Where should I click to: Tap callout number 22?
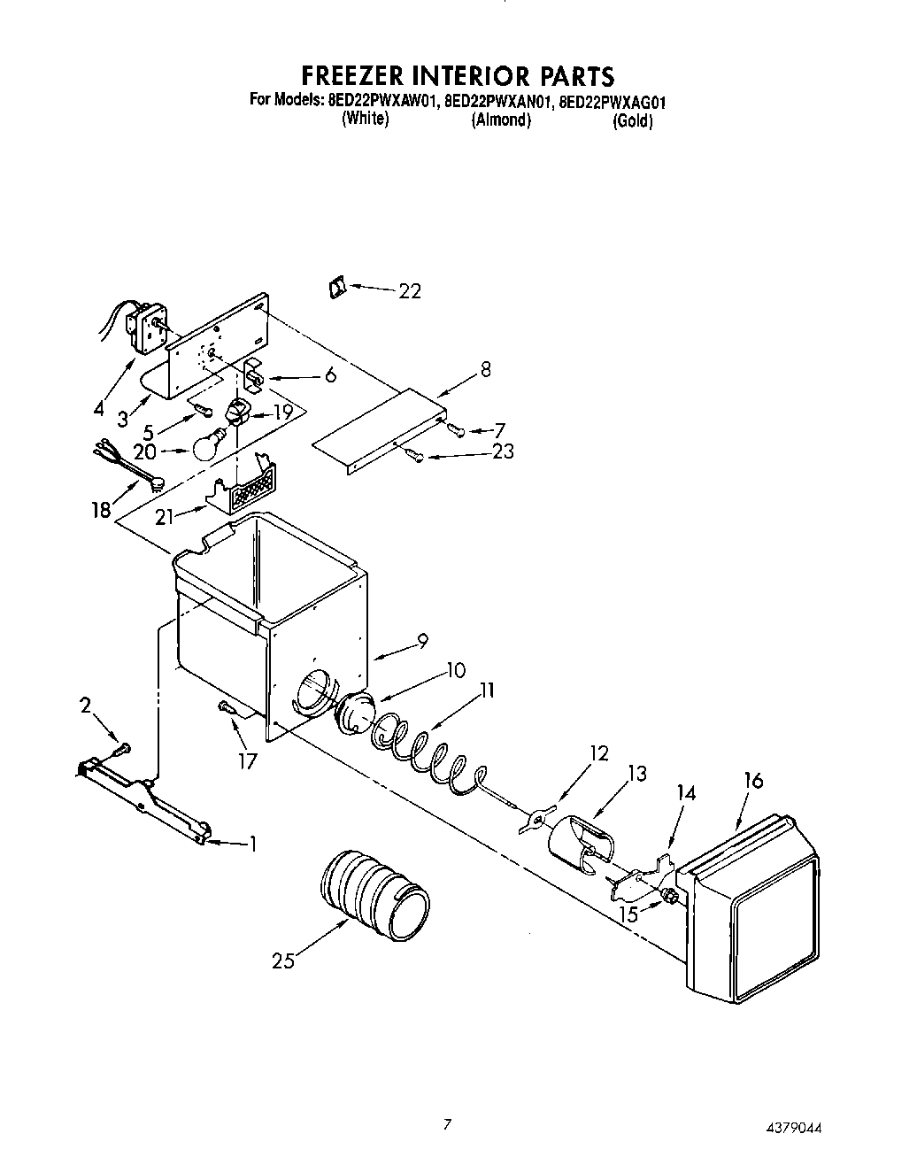click(409, 291)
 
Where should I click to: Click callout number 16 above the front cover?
click(753, 782)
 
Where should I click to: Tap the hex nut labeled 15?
click(669, 898)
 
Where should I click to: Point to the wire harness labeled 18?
click(128, 467)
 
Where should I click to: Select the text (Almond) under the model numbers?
click(501, 120)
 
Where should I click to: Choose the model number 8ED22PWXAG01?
click(613, 101)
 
